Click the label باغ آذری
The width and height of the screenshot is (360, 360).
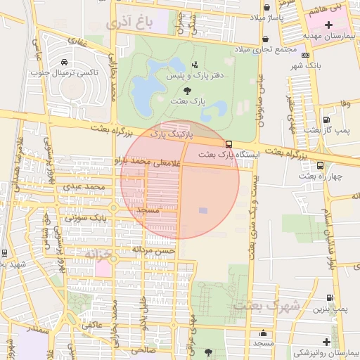[x=130, y=23]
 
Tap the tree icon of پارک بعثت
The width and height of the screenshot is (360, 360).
[x=186, y=90]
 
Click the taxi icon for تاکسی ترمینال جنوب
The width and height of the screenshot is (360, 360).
[x=65, y=62]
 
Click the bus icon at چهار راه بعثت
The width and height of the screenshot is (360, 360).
[x=321, y=166]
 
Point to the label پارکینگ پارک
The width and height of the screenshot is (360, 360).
[x=167, y=132]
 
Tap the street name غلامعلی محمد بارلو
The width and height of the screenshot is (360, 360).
[x=151, y=161]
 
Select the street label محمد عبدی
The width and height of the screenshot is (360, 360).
[x=84, y=187]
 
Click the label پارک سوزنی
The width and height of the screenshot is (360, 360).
[x=86, y=218]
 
